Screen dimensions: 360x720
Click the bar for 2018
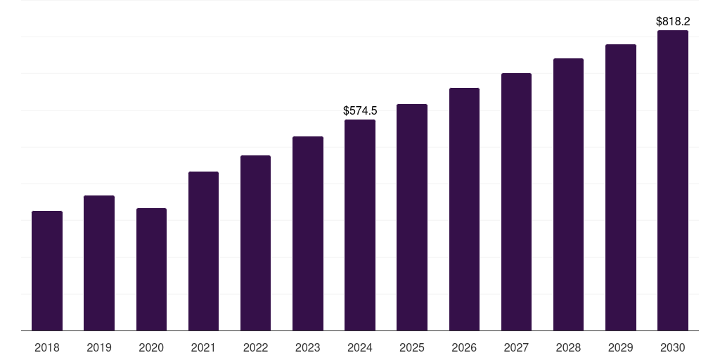(x=47, y=271)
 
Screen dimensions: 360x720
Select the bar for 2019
(x=99, y=263)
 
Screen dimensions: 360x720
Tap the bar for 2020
(x=151, y=269)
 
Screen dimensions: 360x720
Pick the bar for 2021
(x=203, y=251)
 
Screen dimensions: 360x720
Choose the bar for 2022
(x=255, y=243)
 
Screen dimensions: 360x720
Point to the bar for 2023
(x=308, y=233)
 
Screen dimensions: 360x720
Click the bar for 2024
(x=360, y=225)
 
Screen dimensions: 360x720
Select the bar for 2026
(x=464, y=209)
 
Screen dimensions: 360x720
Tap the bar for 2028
(x=568, y=194)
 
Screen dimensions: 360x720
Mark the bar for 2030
(x=673, y=180)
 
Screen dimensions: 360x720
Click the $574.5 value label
(x=360, y=110)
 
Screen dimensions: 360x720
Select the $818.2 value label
(x=673, y=22)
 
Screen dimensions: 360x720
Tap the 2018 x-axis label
(x=47, y=347)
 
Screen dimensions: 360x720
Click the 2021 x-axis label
(x=203, y=347)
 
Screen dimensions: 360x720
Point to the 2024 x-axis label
(x=360, y=347)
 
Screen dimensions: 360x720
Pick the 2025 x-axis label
(x=412, y=347)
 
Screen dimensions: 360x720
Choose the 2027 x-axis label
(x=516, y=347)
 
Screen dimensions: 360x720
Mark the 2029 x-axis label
(x=620, y=347)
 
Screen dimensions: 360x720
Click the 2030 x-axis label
(x=673, y=347)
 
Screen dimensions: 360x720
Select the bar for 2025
(x=412, y=217)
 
